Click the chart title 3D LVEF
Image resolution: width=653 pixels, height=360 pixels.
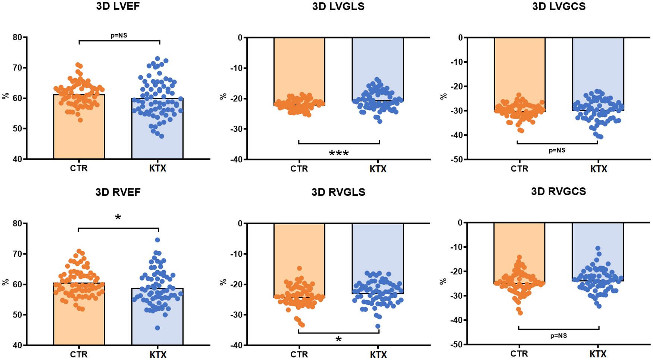118,6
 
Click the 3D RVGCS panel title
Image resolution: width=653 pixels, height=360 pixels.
558,191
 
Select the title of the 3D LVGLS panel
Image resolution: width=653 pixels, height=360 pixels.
338,6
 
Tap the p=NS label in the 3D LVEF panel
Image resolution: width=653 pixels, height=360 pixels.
119,35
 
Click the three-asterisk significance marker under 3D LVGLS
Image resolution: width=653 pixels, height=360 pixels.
338,153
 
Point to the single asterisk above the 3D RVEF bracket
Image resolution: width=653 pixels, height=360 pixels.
118,217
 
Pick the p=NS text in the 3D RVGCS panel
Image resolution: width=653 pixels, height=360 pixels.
558,336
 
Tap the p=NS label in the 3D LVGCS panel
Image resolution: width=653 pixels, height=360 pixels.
557,150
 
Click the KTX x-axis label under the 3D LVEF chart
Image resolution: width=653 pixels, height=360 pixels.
157,168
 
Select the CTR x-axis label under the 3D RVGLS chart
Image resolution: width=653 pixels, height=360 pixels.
299,354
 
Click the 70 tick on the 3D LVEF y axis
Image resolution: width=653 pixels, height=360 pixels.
17,68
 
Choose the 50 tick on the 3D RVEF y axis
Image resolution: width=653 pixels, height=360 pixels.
17,315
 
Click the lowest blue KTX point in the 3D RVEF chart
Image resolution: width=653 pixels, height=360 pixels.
157,328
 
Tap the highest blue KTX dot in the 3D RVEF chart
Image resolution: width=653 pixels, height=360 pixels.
157,240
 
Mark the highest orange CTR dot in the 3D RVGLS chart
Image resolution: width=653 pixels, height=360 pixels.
299,268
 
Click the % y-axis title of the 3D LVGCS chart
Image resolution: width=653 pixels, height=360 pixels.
443,96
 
